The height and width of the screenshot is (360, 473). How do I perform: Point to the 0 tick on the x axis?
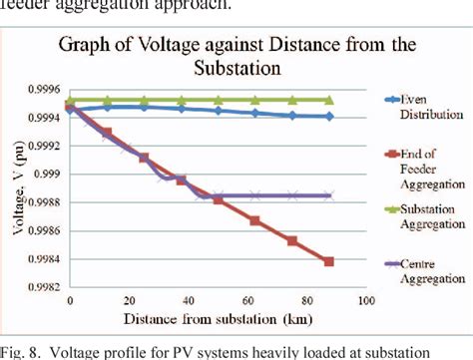coord(69,300)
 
